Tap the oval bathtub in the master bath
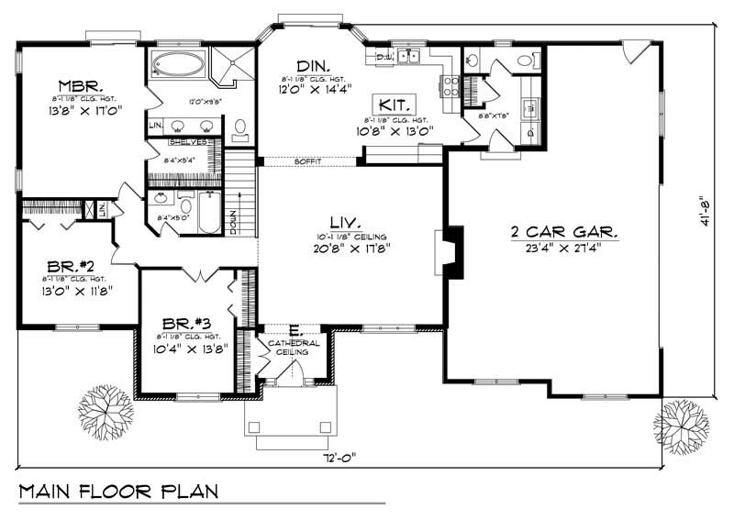point(179,65)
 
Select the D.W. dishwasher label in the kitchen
point(385,57)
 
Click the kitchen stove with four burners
point(451,86)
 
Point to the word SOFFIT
point(306,162)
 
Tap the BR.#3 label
point(190,324)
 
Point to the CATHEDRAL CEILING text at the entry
point(295,349)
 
